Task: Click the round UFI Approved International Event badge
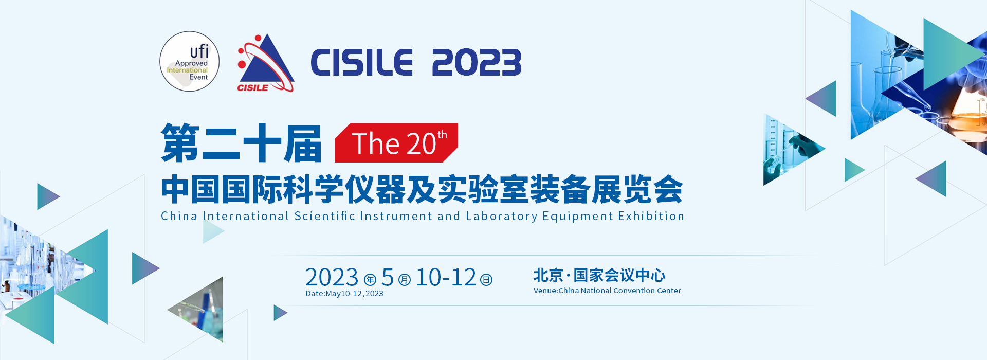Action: point(190,62)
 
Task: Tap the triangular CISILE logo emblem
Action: point(265,63)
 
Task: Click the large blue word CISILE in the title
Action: point(362,63)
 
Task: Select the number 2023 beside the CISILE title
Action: point(477,63)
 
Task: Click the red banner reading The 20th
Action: point(396,143)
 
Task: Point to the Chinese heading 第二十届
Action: point(242,143)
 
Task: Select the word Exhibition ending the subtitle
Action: point(651,216)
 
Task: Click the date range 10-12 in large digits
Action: point(446,278)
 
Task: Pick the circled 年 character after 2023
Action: point(370,280)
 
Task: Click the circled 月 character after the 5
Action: point(405,280)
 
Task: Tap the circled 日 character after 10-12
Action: point(486,280)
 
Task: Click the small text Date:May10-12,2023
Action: point(344,294)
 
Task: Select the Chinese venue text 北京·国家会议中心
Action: point(599,275)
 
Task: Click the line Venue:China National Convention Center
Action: point(607,291)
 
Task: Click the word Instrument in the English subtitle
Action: point(396,216)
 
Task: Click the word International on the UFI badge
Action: point(187,70)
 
